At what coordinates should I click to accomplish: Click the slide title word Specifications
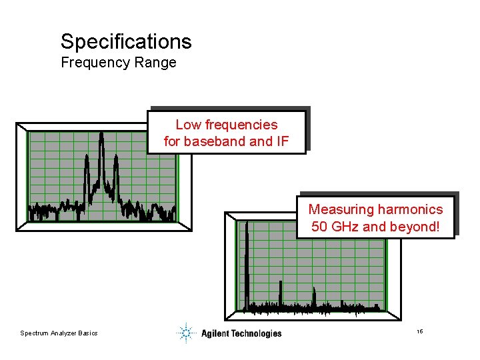pos(126,42)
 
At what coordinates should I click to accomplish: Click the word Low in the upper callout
pos(189,125)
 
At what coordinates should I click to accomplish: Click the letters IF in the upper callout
pos(282,141)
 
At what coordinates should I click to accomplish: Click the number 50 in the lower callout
pos(319,227)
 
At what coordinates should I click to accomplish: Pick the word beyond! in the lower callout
pos(417,227)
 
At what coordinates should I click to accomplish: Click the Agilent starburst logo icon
pos(186,333)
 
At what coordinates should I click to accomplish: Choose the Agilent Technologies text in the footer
pos(241,333)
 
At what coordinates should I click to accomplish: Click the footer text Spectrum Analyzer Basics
pos(59,333)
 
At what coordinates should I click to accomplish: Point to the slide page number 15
pos(419,331)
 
